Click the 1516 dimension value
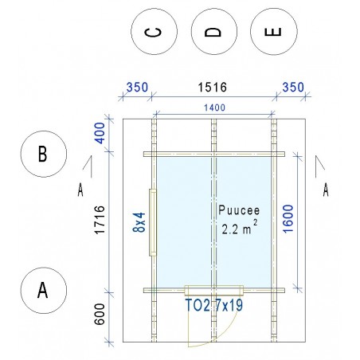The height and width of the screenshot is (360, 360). [x=213, y=88]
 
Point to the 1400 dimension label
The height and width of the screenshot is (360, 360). [x=214, y=108]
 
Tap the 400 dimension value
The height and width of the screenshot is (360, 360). [x=100, y=133]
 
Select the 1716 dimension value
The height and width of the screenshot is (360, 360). [x=100, y=220]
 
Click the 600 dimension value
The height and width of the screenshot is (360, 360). [x=100, y=314]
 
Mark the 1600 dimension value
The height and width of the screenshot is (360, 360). [x=288, y=219]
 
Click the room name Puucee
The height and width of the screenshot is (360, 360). [x=239, y=210]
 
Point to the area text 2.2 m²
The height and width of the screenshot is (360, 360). [x=240, y=228]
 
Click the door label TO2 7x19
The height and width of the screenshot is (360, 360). [x=214, y=305]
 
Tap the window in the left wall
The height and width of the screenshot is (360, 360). [x=153, y=222]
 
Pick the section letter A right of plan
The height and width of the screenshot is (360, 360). [x=326, y=190]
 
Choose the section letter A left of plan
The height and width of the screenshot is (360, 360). [x=80, y=190]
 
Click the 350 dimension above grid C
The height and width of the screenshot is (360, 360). [x=137, y=88]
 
